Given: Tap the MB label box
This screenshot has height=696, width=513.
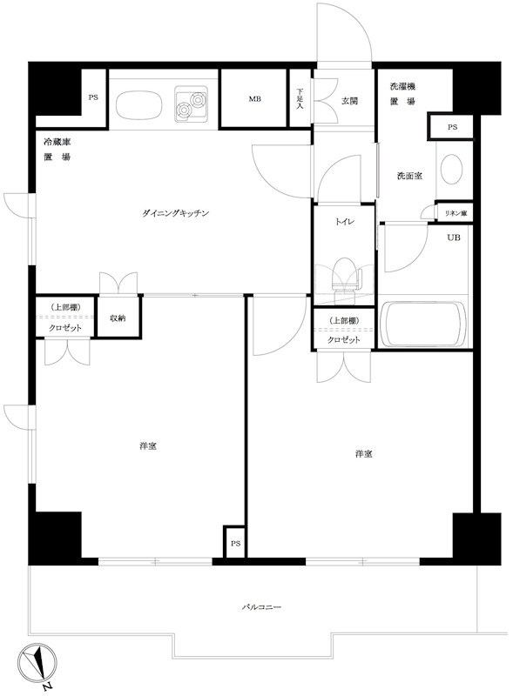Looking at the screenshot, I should tap(254, 99).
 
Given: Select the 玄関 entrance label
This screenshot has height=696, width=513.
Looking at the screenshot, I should tap(349, 101).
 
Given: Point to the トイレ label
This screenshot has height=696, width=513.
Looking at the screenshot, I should tap(343, 222).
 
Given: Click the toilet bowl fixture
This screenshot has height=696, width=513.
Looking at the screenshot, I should tap(343, 276).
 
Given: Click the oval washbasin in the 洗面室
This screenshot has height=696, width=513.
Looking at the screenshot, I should tap(452, 169).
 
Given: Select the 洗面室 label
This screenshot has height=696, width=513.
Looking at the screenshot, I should tap(409, 176).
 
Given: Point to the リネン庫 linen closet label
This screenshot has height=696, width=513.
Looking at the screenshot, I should tap(456, 213).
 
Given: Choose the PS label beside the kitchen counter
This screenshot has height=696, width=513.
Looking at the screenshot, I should tap(93, 97).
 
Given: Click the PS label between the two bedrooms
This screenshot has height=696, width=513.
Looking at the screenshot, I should tap(235, 544).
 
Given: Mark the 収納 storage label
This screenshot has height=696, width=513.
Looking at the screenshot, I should tap(118, 318).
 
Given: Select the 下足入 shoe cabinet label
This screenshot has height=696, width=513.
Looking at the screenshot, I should tap(300, 98).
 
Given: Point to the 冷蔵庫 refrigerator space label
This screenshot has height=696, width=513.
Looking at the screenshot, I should tap(57, 141).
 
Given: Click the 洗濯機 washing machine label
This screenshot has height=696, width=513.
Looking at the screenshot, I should tap(402, 87).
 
